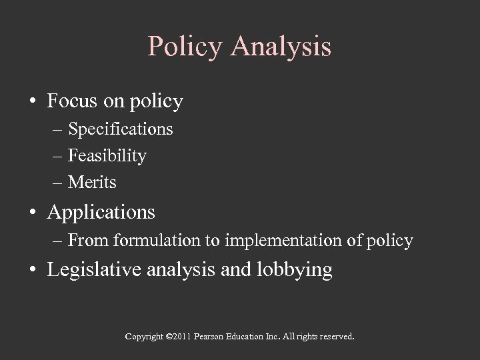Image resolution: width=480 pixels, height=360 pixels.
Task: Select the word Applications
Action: pos(101,213)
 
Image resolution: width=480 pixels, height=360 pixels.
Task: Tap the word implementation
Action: pos(283,240)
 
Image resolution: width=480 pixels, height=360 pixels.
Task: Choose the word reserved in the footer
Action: pos(336,337)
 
